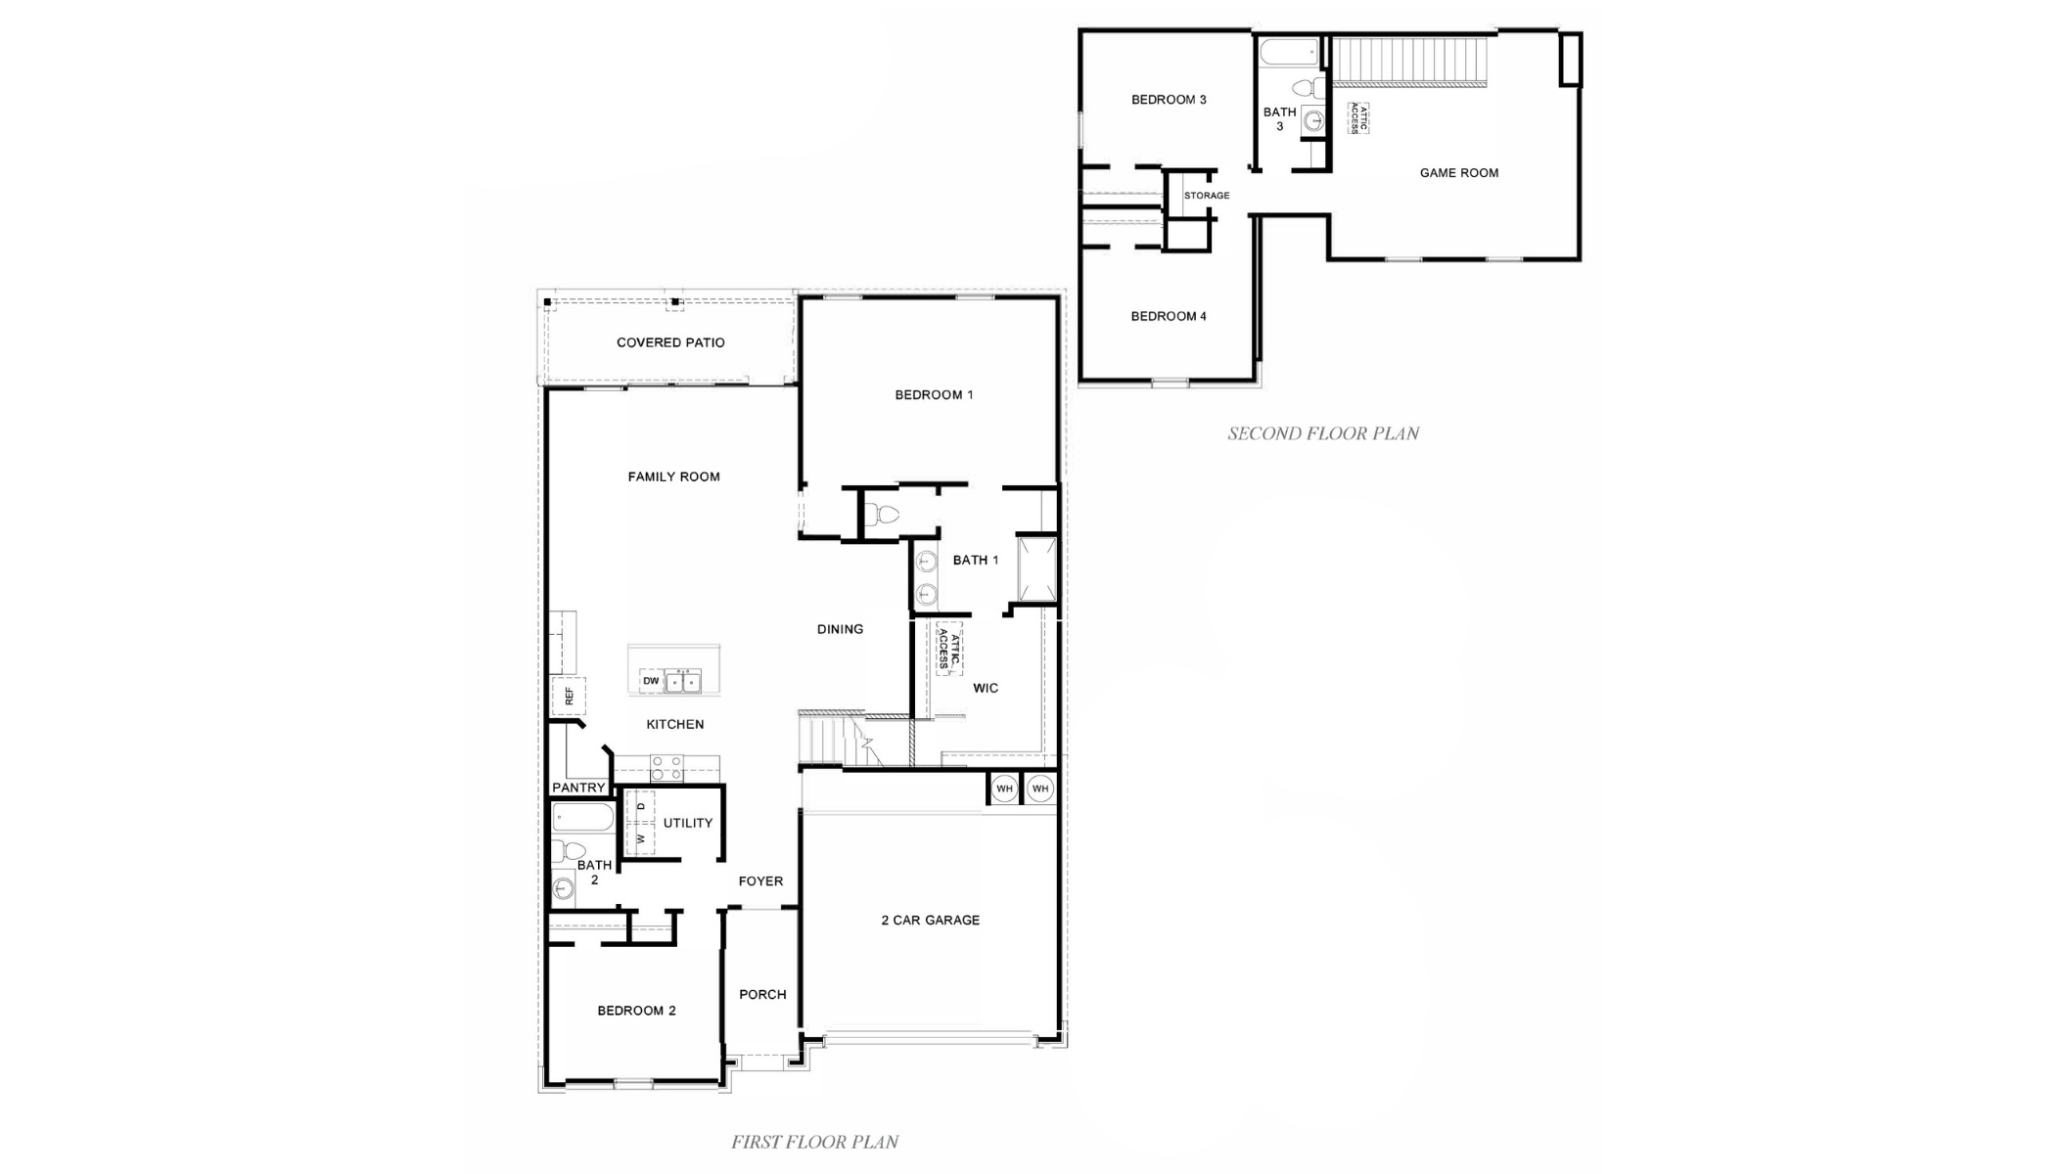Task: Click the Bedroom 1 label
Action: (x=934, y=395)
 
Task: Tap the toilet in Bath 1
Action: (x=882, y=515)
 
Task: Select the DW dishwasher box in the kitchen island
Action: (x=651, y=681)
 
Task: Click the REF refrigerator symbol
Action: (x=569, y=697)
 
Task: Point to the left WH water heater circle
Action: (x=1004, y=789)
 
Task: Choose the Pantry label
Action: (x=578, y=788)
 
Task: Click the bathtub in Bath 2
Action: (x=583, y=817)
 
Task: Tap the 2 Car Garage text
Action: (x=930, y=921)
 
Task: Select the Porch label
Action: (x=762, y=995)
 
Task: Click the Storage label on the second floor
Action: (x=1206, y=196)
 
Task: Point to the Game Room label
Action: (x=1458, y=173)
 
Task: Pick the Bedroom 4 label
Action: (x=1168, y=317)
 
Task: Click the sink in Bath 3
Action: (x=1314, y=121)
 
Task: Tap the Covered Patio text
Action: (x=670, y=343)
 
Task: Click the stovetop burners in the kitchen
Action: (x=667, y=768)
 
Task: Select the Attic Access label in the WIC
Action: (x=949, y=649)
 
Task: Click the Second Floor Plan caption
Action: (x=1322, y=433)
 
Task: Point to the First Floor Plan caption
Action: (x=814, y=1142)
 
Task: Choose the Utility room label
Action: (x=687, y=824)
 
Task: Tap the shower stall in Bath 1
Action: (x=1037, y=568)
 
